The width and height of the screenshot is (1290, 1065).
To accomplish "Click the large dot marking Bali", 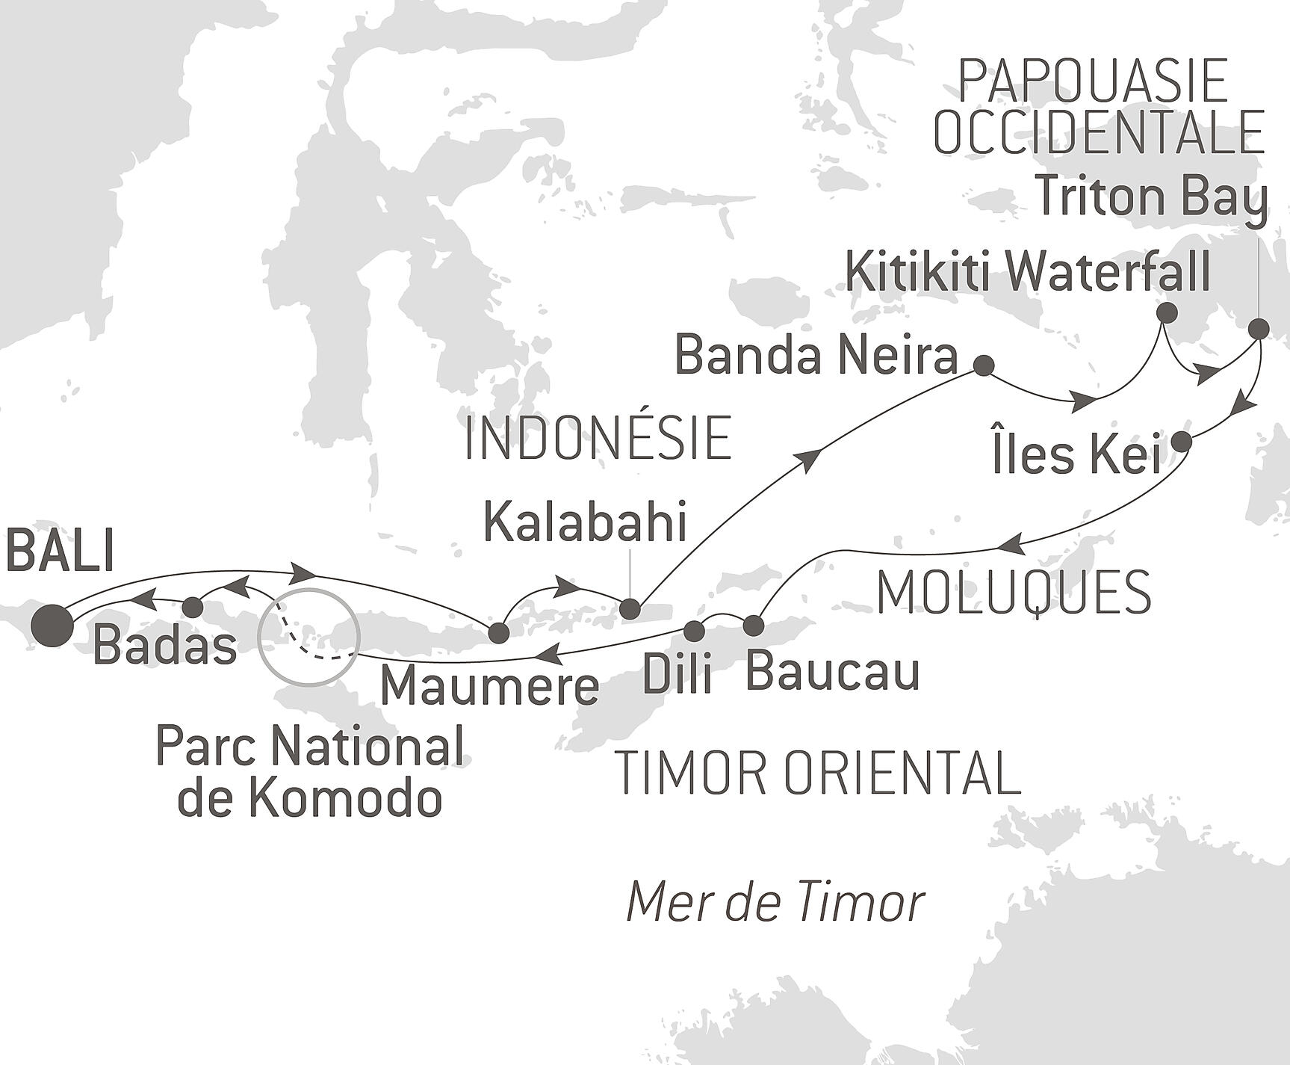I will click(53, 625).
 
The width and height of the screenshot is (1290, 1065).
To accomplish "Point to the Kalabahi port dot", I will click(630, 608).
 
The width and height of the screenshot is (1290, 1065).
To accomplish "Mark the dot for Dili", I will click(694, 631).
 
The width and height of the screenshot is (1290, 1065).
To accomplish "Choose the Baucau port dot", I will click(753, 625).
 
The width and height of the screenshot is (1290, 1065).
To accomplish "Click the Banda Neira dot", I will click(984, 365).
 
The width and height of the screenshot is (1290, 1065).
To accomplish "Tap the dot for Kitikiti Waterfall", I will click(1166, 312).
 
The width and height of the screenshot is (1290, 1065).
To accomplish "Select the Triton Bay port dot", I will click(1259, 328).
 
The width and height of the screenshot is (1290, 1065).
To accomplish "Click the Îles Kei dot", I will click(1181, 442).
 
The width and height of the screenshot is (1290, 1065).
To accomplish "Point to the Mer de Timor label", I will click(775, 902).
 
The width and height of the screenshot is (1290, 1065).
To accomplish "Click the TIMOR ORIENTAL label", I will click(817, 774).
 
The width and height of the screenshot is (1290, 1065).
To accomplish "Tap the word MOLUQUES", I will click(1014, 593).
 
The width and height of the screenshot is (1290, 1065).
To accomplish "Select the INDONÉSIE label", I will click(598, 439).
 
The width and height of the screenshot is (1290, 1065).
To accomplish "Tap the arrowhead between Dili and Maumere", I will click(548, 655).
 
